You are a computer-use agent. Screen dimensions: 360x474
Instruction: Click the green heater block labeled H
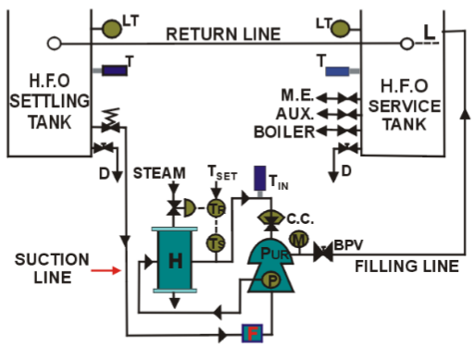[174, 261]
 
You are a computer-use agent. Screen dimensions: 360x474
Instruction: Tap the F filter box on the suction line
[250, 333]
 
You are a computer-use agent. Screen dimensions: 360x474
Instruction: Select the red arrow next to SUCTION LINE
[107, 271]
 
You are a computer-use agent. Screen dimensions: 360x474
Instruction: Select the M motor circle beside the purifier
[298, 240]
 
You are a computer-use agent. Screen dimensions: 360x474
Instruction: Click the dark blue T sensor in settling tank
[115, 70]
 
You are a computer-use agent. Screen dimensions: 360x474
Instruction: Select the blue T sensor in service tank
[337, 70]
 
